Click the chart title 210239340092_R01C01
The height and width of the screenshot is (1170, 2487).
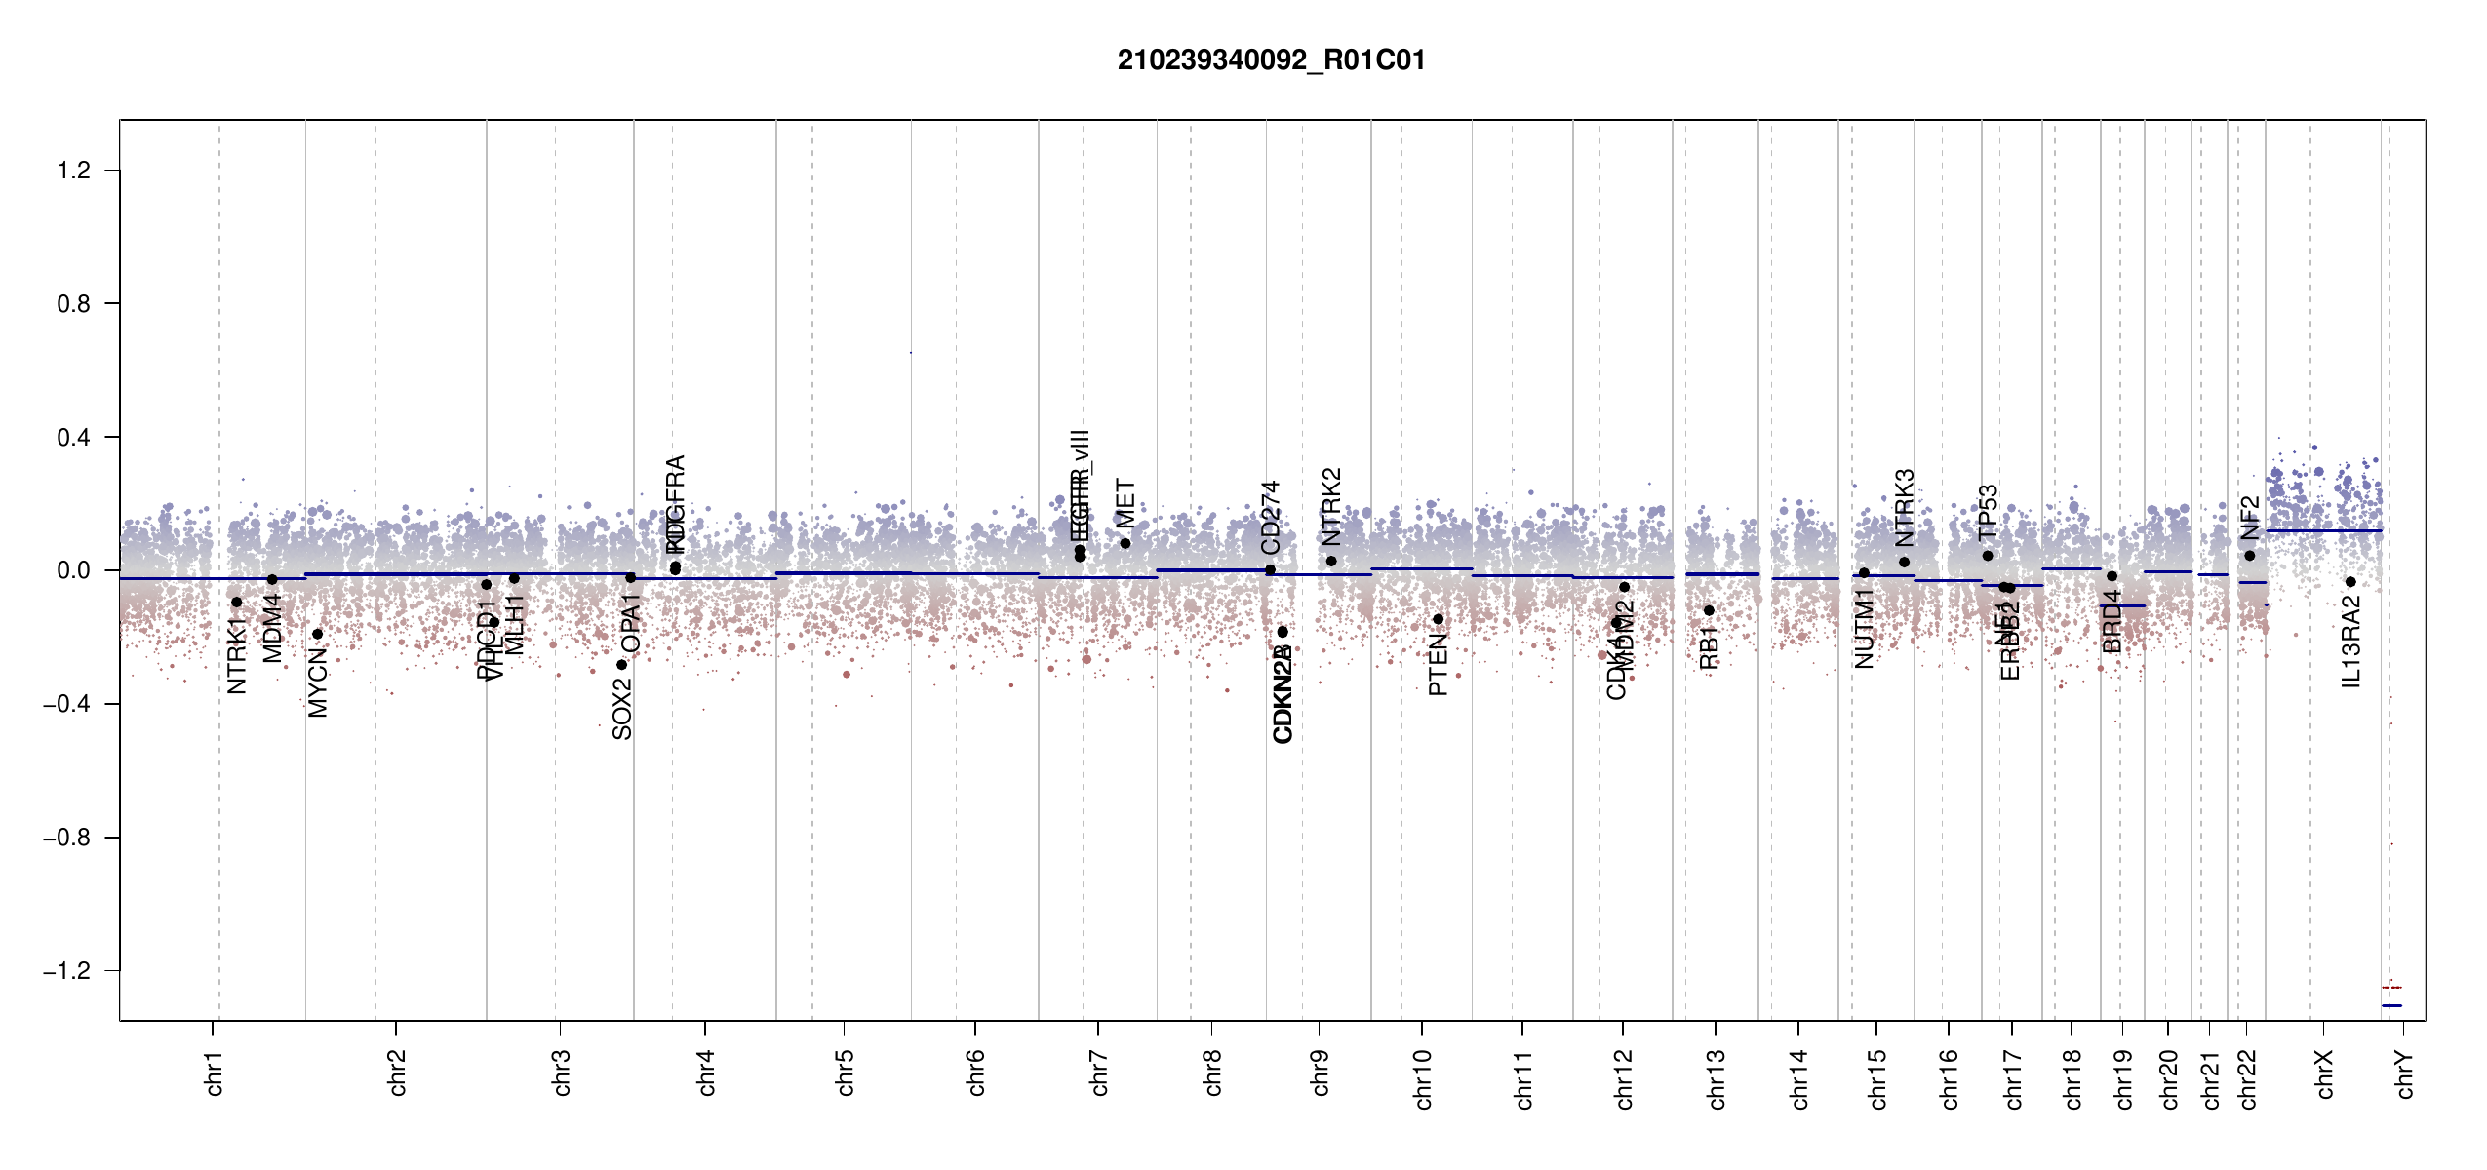coord(1271,60)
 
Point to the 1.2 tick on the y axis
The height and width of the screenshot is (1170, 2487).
coord(74,171)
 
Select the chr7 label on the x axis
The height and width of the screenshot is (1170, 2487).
coord(1099,1072)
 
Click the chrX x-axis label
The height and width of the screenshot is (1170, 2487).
coord(2325,1073)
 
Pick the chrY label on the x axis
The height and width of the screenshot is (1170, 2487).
coord(2405,1073)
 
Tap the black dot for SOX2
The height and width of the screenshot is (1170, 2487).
coord(621,665)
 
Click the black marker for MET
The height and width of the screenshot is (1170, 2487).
coord(1125,543)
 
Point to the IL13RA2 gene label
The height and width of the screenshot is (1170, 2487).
coord(2351,643)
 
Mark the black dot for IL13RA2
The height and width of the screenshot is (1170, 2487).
coord(2350,582)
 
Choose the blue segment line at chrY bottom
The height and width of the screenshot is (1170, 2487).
coord(2391,1005)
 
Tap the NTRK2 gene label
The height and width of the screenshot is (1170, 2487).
coord(1331,506)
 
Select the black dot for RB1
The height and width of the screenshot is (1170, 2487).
coord(1709,610)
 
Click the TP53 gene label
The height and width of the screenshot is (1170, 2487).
coord(1988,512)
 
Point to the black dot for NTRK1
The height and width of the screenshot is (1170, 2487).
coord(236,603)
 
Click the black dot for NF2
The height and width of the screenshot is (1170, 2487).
coord(2249,556)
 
